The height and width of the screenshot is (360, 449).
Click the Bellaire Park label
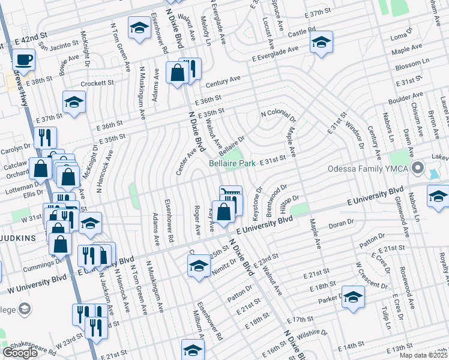[232, 163]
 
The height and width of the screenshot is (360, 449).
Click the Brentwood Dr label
[277, 201]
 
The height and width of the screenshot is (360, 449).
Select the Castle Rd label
[301, 30]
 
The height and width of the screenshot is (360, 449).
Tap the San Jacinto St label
[58, 44]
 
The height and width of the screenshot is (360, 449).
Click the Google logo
[20, 353]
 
